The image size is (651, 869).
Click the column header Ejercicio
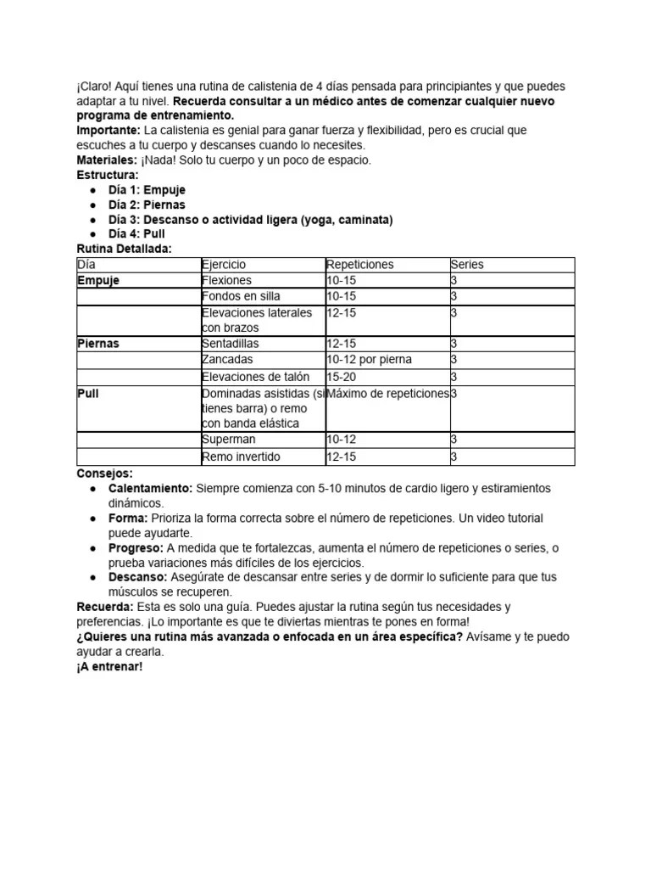(224, 265)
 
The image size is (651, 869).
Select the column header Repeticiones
(359, 265)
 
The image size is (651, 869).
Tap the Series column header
(467, 265)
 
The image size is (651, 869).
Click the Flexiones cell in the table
(226, 280)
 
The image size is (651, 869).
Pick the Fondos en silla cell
(241, 296)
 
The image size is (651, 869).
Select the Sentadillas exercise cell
(231, 344)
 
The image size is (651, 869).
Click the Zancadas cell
(227, 360)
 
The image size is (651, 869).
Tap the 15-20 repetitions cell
(342, 376)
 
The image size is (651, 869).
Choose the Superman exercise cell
(229, 440)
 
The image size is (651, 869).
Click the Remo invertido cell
(241, 457)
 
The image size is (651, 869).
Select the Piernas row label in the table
(98, 344)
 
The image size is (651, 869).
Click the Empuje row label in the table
(98, 280)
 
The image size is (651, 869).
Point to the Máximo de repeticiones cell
(387, 393)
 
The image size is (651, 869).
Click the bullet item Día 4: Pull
(136, 233)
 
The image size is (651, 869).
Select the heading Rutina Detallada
(124, 249)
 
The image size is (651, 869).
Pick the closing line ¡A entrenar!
(109, 667)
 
